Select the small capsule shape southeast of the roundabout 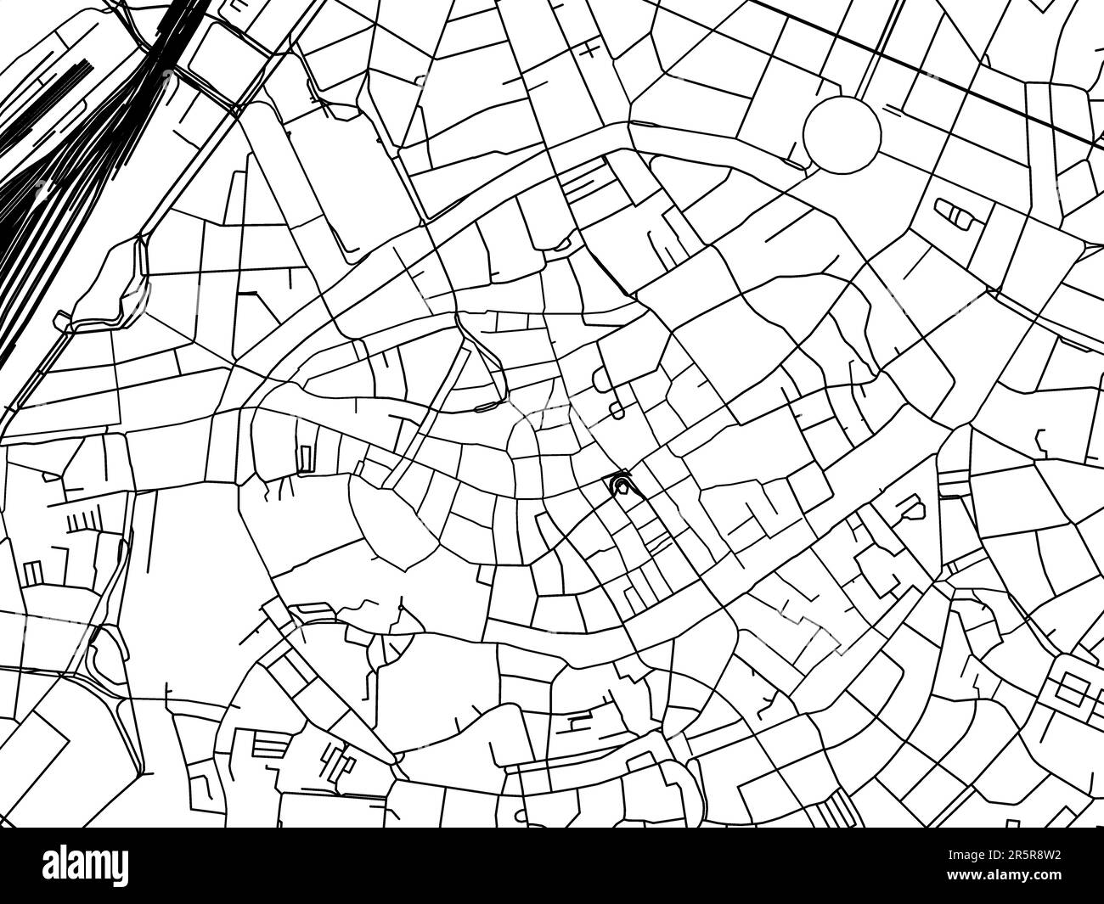(x=956, y=212)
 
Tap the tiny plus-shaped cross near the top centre (x=589, y=51)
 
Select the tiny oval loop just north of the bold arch (x=616, y=411)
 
